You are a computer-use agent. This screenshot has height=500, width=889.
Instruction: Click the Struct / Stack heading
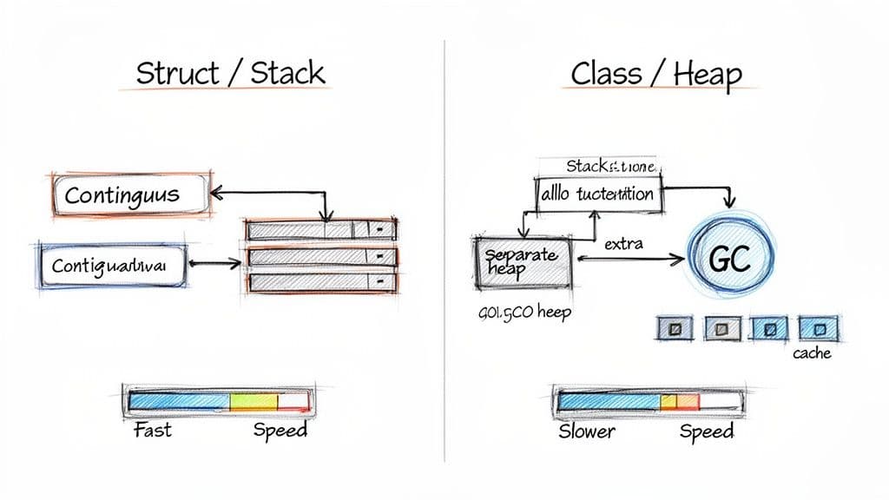point(230,73)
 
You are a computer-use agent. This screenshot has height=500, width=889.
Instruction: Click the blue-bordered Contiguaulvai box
point(113,265)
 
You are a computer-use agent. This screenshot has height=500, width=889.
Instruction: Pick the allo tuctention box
point(596,194)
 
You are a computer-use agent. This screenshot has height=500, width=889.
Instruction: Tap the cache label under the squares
point(812,352)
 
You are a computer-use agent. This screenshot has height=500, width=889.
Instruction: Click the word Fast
point(153,430)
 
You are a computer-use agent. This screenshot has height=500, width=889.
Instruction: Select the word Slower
point(587,431)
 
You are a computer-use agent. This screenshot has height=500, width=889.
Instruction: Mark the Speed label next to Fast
point(280,430)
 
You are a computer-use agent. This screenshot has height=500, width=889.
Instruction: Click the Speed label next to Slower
point(706,431)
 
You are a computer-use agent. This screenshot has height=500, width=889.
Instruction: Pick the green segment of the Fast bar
point(241,400)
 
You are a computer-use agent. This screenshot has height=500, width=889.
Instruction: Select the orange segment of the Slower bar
point(687,401)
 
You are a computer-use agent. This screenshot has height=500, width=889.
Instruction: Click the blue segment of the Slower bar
point(608,401)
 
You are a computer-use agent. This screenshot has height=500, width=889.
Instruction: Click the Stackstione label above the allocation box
point(612,165)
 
